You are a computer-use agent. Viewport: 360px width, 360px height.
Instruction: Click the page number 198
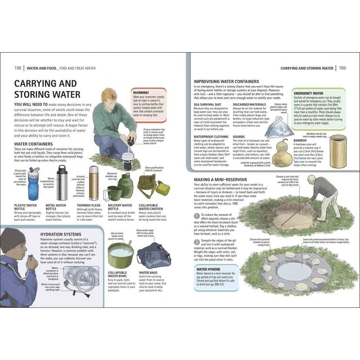coord(18,68)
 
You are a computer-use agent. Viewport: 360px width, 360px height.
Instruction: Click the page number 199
coord(342,68)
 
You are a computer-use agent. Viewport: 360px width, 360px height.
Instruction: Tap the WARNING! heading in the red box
coord(141,93)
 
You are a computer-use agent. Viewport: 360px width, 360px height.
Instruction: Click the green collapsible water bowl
coord(120,253)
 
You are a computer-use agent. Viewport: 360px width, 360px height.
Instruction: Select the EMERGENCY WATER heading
coord(309,93)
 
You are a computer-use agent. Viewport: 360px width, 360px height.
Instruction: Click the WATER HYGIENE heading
coord(208,269)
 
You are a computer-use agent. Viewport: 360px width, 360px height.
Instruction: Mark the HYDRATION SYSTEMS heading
coord(61,234)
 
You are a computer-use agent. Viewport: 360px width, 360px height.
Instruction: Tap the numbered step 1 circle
coord(196,215)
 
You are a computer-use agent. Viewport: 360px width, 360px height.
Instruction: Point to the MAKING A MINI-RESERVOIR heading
coord(220,180)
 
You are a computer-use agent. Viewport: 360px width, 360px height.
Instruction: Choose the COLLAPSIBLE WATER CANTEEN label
coord(151,207)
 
